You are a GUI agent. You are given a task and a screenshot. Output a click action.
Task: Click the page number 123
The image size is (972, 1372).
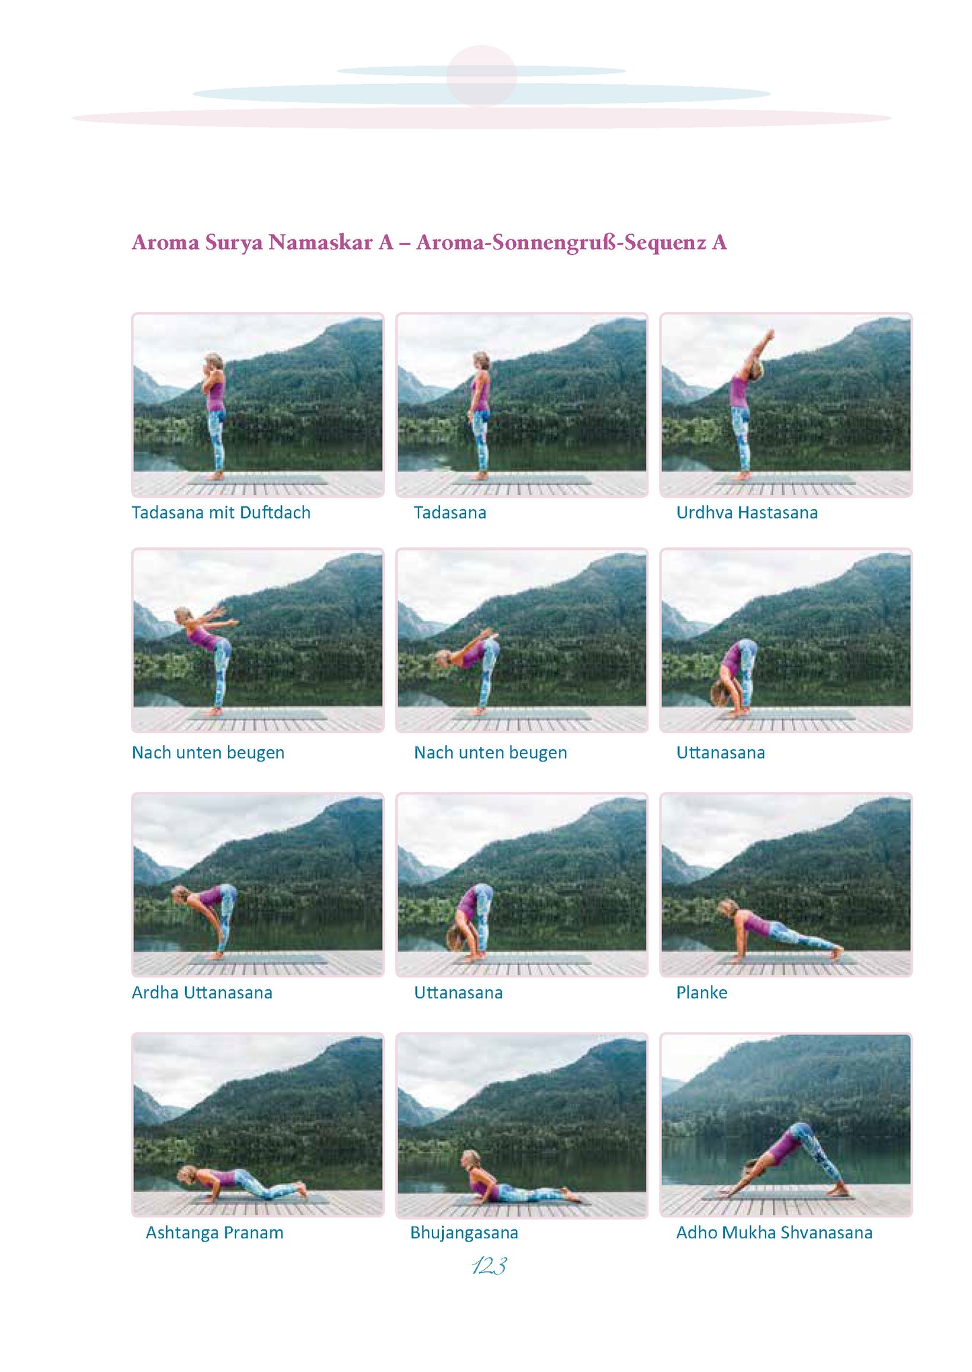(x=489, y=1266)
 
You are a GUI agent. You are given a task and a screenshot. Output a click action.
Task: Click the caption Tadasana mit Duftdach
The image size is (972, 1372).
(x=221, y=512)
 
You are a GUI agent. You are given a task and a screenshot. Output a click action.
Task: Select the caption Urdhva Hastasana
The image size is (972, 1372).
(x=747, y=512)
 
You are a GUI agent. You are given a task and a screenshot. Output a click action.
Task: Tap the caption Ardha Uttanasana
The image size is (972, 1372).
(x=202, y=993)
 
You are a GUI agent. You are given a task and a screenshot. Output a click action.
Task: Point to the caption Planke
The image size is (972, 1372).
(x=702, y=993)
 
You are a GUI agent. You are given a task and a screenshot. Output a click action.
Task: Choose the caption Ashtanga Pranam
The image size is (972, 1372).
(x=215, y=1233)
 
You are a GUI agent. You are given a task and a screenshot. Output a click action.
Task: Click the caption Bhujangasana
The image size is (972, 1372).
(x=464, y=1233)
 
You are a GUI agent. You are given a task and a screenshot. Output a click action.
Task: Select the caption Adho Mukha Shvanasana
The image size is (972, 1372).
(x=774, y=1233)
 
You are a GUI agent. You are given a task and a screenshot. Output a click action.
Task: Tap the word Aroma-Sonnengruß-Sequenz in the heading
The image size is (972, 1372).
(x=561, y=242)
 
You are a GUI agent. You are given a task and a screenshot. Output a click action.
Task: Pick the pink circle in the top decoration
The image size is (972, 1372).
(x=482, y=75)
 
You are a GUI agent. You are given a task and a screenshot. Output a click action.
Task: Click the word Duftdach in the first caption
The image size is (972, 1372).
(x=275, y=512)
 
